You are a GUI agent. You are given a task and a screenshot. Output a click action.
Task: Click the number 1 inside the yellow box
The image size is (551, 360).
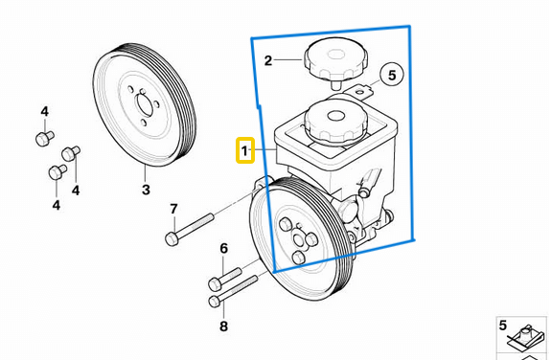(x=245, y=151)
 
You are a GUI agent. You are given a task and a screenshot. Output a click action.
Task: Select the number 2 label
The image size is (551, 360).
(x=268, y=60)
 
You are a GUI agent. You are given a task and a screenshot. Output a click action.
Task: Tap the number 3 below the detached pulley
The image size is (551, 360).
(x=146, y=191)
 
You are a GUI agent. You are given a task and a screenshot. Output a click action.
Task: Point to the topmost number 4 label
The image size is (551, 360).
(x=44, y=112)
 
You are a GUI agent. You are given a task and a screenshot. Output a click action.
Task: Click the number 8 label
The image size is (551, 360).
(x=224, y=326)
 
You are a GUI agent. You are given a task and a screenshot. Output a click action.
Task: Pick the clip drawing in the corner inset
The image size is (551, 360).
(x=526, y=338)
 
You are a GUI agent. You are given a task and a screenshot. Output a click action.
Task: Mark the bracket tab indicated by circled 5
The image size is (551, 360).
(x=359, y=93)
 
